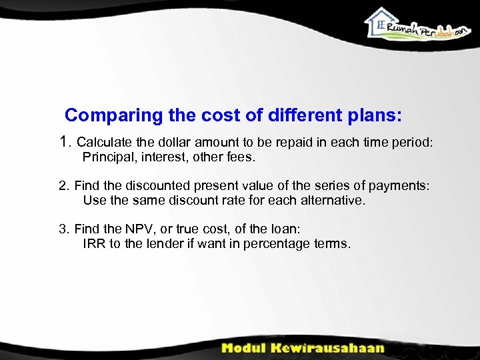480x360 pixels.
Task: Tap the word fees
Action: coord(241,158)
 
